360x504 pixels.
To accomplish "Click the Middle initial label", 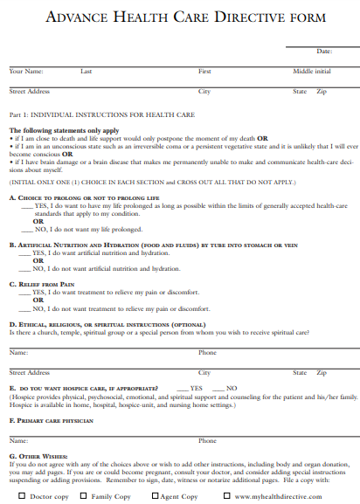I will point(312,71).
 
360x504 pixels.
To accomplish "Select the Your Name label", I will point(26,71).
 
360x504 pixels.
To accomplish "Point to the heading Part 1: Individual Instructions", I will point(101,114).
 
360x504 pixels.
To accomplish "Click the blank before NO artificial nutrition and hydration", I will point(25,269).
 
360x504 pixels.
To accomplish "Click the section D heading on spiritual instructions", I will point(107,324).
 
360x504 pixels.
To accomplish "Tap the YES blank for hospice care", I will point(183,388).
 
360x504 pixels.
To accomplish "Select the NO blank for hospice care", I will point(219,388).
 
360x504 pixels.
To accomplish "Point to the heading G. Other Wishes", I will point(38,456).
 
